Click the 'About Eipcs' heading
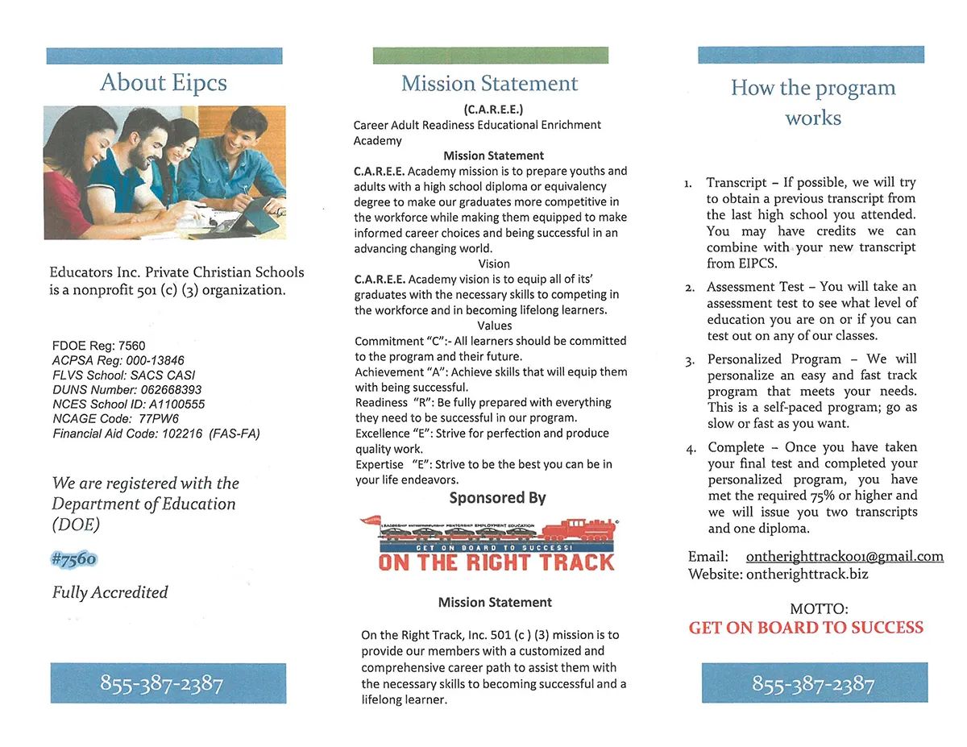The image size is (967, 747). pos(164,82)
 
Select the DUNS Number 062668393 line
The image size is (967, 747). pos(127,389)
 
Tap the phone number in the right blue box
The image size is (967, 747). pos(813,684)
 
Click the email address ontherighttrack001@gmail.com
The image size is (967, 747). pos(845,557)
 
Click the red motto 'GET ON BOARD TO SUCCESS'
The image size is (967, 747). pos(806,628)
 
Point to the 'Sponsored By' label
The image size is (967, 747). pos(497,498)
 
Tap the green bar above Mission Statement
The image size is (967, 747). pos(491,55)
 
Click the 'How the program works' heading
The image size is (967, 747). pos(813,102)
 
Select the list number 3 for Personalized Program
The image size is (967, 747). pos(690,361)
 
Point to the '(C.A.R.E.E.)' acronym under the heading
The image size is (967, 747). pos(494,110)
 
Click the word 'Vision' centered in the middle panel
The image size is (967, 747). pos(494,264)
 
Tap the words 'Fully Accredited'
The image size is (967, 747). pos(110,592)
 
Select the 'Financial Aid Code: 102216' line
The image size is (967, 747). pos(156,434)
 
